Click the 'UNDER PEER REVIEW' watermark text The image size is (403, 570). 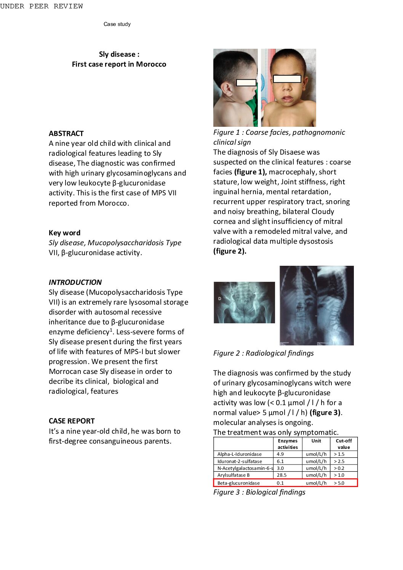[42, 6]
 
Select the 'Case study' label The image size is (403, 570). [117, 24]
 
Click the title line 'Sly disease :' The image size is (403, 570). [119, 54]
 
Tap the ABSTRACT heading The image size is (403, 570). [66, 133]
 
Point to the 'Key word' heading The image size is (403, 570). [64, 233]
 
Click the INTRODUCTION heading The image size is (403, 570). [75, 282]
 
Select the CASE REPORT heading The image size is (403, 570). [72, 421]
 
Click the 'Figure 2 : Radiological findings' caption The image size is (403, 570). [263, 353]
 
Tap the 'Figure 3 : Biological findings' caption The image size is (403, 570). [259, 492]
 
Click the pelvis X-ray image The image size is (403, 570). [244, 302]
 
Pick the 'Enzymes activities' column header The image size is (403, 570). [288, 444]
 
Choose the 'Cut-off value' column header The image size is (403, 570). [344, 444]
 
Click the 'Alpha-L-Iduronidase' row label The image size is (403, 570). [239, 454]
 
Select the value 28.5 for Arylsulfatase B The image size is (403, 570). [281, 475]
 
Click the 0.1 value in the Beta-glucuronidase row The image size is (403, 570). [280, 483]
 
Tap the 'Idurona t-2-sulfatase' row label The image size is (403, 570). [239, 461]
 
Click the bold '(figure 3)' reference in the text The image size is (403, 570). [325, 412]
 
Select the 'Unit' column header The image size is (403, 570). [316, 441]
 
